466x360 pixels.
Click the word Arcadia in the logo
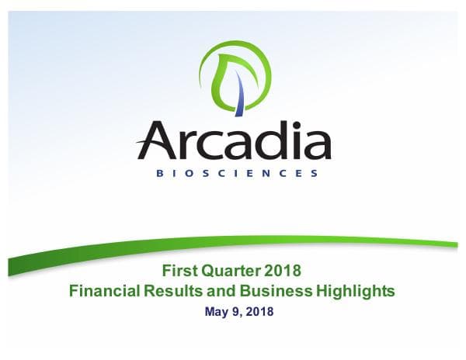point(234,141)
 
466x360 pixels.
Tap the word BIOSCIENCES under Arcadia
point(234,174)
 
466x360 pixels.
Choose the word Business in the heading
point(266,291)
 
